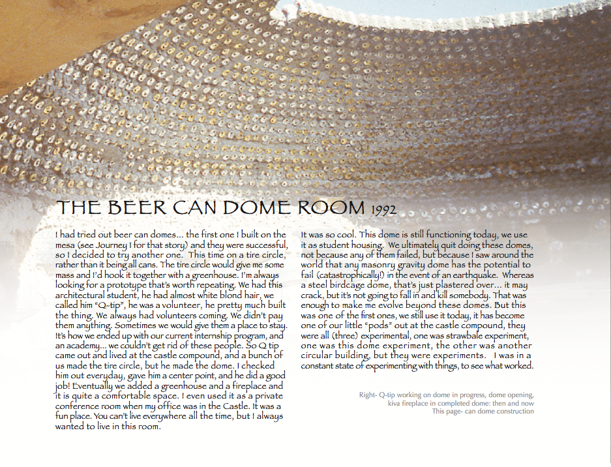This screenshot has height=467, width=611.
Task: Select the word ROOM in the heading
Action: click(331, 208)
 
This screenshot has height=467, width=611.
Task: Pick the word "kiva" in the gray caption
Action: click(370, 403)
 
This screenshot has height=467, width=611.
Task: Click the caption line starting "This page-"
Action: click(483, 412)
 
